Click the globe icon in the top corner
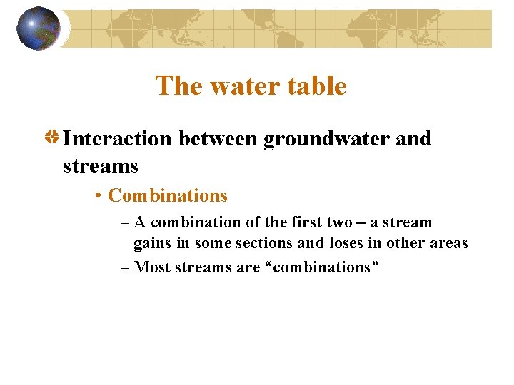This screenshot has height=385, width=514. point(38,29)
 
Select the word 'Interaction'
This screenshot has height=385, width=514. point(117,138)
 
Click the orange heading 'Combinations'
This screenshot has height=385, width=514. point(168,195)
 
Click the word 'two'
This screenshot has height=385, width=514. point(339,222)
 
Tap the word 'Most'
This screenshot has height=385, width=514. point(151,267)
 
